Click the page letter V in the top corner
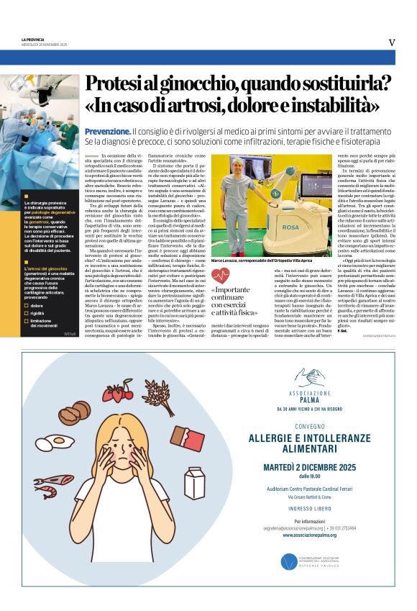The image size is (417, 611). click(392, 42)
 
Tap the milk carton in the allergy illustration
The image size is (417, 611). click(195, 482)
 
